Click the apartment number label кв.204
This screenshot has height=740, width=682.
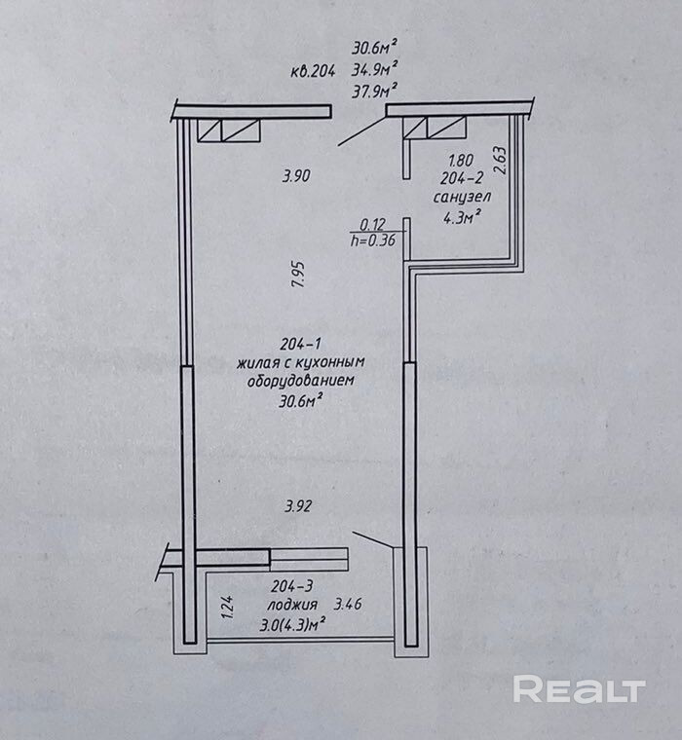[x=313, y=71]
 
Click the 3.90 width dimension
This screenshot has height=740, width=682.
[x=295, y=176]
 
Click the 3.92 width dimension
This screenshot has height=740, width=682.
[x=299, y=506]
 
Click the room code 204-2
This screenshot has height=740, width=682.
[x=461, y=178]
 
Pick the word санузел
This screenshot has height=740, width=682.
[x=462, y=198]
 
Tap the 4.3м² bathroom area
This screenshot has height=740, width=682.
[x=463, y=218]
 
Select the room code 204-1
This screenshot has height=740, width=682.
[x=300, y=345]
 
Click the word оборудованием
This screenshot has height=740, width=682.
[x=298, y=382]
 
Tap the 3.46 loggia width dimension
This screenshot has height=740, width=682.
[x=348, y=605]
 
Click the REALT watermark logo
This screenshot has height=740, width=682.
[x=579, y=689]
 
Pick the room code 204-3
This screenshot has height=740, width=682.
[x=295, y=587]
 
